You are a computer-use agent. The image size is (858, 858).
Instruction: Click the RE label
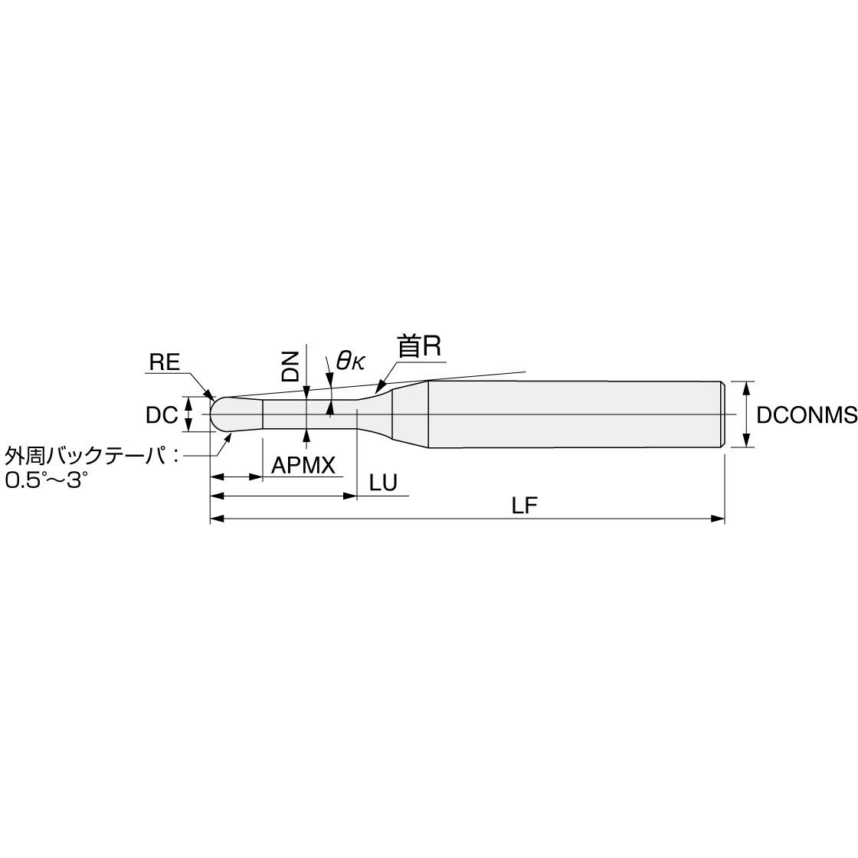tap(165, 362)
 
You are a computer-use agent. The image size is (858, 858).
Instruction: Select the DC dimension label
tap(162, 415)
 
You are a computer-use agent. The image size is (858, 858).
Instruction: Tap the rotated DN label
tap(290, 366)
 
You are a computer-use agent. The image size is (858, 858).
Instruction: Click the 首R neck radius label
tap(419, 346)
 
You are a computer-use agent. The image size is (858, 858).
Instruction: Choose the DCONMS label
tap(807, 415)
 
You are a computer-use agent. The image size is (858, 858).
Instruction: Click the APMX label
tap(303, 466)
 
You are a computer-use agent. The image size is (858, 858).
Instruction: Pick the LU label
tap(383, 483)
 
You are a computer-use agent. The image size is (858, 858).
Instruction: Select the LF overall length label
tap(524, 506)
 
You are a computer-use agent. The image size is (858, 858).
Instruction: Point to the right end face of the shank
tap(724, 414)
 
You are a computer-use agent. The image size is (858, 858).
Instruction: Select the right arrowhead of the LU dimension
tap(349, 496)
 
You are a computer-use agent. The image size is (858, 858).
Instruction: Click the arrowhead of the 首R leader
tap(380, 388)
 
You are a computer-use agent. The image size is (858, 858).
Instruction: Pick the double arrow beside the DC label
tap(188, 414)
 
